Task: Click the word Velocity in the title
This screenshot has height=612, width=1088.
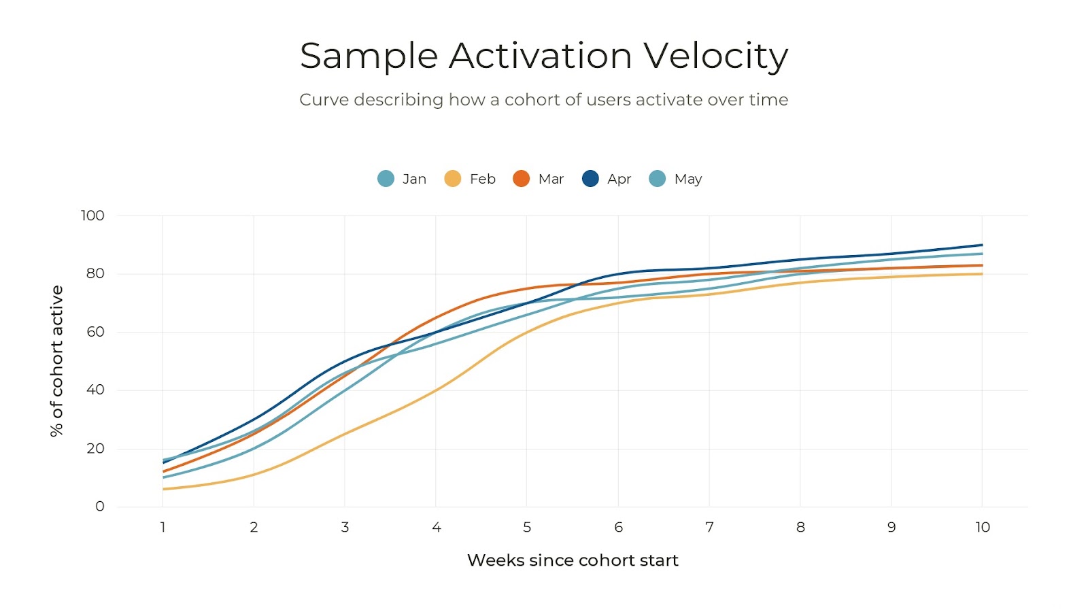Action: pyautogui.click(x=715, y=56)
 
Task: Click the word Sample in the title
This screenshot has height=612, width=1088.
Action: pyautogui.click(x=369, y=56)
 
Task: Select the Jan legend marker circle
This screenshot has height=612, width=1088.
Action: pyautogui.click(x=386, y=179)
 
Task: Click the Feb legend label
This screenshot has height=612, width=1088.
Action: pyautogui.click(x=482, y=179)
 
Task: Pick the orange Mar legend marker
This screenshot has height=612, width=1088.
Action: pyautogui.click(x=521, y=179)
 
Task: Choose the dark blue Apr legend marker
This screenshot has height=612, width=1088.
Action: pyautogui.click(x=590, y=179)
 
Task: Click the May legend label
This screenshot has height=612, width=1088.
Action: pyautogui.click(x=687, y=179)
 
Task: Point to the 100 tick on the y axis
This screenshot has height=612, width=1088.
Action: pyautogui.click(x=92, y=216)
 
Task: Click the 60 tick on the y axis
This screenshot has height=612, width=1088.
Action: pyautogui.click(x=95, y=332)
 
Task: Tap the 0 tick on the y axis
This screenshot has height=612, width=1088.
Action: pyautogui.click(x=100, y=507)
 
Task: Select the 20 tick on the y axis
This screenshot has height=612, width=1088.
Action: pyautogui.click(x=95, y=448)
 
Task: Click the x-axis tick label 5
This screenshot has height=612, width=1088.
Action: pyautogui.click(x=527, y=527)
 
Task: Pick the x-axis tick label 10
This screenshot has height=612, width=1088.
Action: pyautogui.click(x=982, y=527)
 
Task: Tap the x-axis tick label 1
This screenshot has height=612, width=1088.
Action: pyautogui.click(x=163, y=527)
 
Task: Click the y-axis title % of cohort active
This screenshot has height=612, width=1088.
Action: pyautogui.click(x=56, y=360)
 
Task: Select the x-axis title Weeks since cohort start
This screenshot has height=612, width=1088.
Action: pyautogui.click(x=573, y=560)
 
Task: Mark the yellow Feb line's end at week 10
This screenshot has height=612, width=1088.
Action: pyautogui.click(x=981, y=274)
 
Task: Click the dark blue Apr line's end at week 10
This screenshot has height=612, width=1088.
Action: pyautogui.click(x=981, y=245)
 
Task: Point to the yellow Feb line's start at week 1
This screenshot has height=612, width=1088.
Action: pyautogui.click(x=164, y=489)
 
